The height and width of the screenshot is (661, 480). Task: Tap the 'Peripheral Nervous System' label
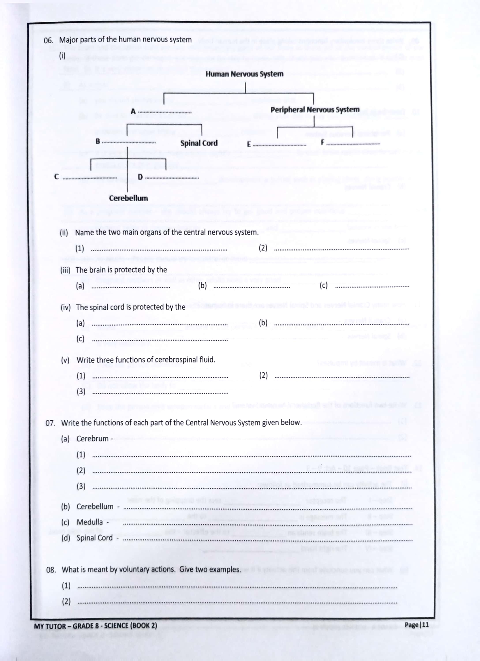point(315,110)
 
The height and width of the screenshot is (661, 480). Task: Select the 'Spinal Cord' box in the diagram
point(199,143)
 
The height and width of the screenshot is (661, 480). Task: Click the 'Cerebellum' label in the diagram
point(128,198)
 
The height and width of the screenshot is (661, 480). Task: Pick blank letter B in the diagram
point(98,142)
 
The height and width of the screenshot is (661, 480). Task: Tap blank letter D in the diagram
point(140,177)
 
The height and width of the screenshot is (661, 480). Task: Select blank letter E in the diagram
point(249,144)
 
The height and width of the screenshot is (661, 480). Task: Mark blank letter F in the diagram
point(322,142)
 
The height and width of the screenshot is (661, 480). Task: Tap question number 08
point(51,570)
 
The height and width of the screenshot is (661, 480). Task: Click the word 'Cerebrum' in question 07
point(92,439)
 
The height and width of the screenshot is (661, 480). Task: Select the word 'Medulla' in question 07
point(90,522)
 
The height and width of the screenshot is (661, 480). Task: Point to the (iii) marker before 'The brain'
point(65,270)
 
